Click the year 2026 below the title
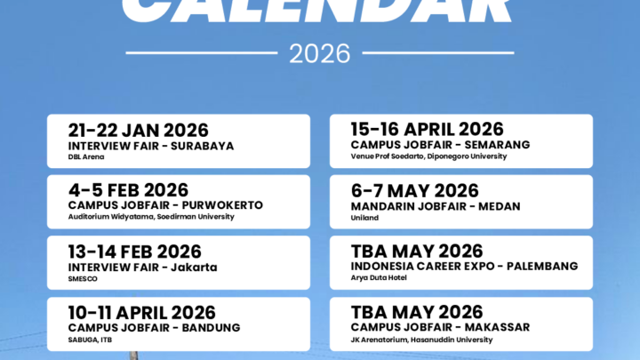click(x=319, y=52)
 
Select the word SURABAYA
click(x=205, y=145)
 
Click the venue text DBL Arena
click(x=86, y=157)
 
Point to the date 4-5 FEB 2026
click(x=128, y=190)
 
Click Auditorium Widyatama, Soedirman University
click(x=151, y=217)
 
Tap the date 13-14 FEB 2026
click(x=134, y=252)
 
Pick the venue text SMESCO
click(x=83, y=278)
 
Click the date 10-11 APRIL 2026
click(x=141, y=312)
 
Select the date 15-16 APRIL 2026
click(x=427, y=130)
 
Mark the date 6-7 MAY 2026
click(x=414, y=190)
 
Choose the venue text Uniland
click(x=364, y=217)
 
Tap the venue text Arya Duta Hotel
click(x=382, y=278)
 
